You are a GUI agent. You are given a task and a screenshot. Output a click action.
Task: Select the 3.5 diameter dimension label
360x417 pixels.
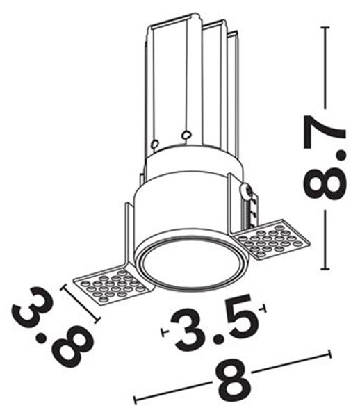coord(214,322)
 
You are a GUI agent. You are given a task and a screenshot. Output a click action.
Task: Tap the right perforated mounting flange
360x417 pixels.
coord(272,238)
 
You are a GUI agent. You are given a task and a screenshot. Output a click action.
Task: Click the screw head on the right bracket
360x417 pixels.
coord(245,191)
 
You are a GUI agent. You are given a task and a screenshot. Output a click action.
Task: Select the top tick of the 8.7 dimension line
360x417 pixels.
coord(325,28)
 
